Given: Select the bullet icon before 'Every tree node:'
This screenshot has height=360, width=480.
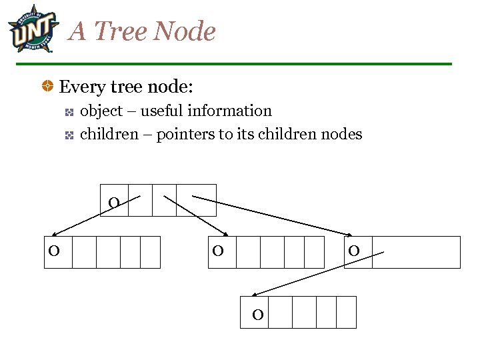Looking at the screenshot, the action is [x=49, y=87].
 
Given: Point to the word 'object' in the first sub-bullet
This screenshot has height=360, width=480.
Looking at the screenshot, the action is [x=101, y=111].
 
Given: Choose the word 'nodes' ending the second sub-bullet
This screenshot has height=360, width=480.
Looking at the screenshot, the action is [x=341, y=135].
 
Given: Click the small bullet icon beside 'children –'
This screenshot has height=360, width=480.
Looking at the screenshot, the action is [x=69, y=135].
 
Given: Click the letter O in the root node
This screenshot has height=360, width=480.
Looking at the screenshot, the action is [x=114, y=203].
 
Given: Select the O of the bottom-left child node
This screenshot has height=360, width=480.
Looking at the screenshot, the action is [x=53, y=251].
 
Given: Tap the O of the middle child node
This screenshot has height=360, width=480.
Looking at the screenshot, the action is [x=218, y=251].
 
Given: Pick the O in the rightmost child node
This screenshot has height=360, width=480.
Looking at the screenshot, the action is [x=354, y=251].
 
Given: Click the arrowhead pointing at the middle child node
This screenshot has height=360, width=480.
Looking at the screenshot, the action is [x=227, y=233].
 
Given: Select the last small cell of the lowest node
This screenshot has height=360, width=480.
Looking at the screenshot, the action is [x=346, y=312].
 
